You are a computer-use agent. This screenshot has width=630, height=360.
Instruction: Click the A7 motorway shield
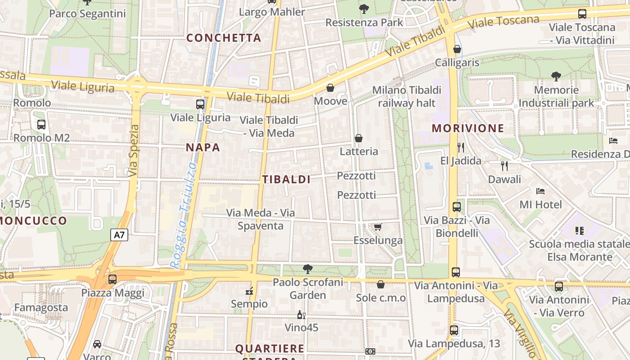click(x=119, y=234)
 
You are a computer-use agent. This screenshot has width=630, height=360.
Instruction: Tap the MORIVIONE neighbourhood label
click(x=468, y=128)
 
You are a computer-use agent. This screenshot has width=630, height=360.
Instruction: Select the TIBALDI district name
click(x=287, y=179)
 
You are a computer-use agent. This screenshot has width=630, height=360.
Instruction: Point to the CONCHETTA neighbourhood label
click(x=224, y=38)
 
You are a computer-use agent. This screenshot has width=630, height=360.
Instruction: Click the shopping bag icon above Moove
click(x=330, y=88)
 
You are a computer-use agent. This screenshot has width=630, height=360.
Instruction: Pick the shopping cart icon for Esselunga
click(x=378, y=227)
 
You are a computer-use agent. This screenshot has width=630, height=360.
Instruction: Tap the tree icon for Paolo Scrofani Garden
click(x=308, y=269)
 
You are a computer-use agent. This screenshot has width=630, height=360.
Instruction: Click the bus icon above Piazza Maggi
click(x=112, y=279)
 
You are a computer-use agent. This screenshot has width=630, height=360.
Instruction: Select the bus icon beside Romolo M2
click(x=41, y=125)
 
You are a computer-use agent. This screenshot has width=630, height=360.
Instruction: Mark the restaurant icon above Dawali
click(x=504, y=166)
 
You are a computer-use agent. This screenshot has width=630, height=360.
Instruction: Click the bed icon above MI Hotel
click(x=540, y=191)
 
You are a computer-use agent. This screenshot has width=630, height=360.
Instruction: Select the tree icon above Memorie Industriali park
click(x=556, y=76)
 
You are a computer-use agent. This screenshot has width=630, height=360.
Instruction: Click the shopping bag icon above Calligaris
click(x=457, y=49)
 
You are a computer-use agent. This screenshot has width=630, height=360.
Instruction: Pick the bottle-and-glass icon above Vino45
click(x=301, y=315)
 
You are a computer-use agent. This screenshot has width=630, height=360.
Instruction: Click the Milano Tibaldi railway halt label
click(x=406, y=96)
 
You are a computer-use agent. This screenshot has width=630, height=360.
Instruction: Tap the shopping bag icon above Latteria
click(x=359, y=138)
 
